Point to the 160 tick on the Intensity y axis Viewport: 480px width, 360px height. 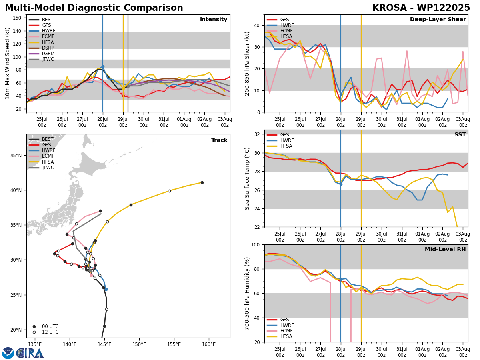(17, 18)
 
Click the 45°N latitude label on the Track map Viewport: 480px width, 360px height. (16, 156)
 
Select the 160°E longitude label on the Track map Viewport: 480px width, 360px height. (209, 345)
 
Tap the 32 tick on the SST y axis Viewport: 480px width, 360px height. (257, 134)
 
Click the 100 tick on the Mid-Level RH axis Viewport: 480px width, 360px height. (256, 245)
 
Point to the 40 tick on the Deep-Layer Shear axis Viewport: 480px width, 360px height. (257, 26)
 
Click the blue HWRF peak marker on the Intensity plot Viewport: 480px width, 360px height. (103, 67)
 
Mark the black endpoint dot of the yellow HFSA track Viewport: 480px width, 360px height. (202, 183)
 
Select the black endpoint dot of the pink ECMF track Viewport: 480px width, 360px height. (100, 211)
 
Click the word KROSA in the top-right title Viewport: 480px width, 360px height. (390, 8)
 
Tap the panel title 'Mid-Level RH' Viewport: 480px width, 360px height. (445, 249)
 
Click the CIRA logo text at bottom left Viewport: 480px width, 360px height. (30, 353)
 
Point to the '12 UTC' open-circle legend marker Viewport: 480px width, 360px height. (34, 332)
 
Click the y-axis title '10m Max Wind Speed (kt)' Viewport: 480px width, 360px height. (7, 63)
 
